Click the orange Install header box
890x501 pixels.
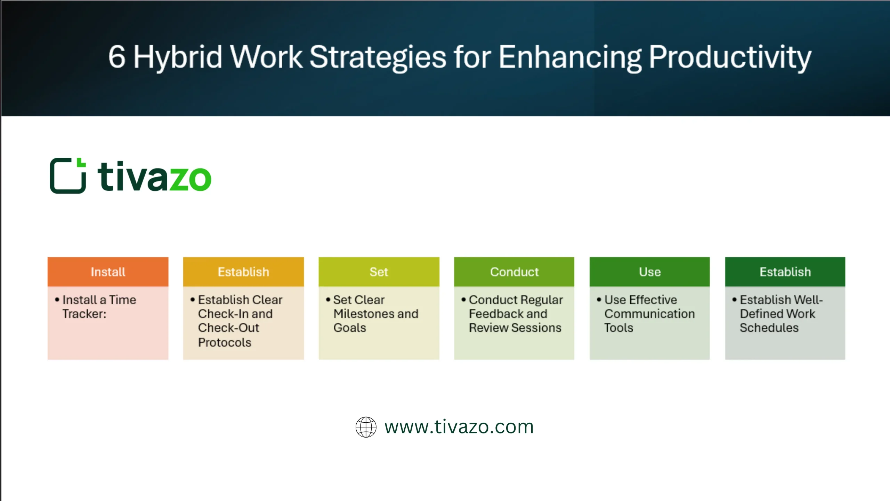pyautogui.click(x=108, y=272)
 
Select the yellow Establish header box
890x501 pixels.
pyautogui.click(x=243, y=272)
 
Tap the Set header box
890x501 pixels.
pyautogui.click(x=379, y=272)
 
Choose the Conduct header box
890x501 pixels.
pyautogui.click(x=514, y=272)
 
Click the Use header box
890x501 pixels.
pyautogui.click(x=649, y=272)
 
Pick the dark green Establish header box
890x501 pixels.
pyautogui.click(x=785, y=272)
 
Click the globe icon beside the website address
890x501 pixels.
pyautogui.click(x=366, y=427)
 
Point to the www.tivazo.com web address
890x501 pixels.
pyautogui.click(x=459, y=427)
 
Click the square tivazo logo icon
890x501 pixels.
pyautogui.click(x=68, y=176)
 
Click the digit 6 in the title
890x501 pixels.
pyautogui.click(x=116, y=57)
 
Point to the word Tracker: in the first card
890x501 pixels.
pyautogui.click(x=84, y=314)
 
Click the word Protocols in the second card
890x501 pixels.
pyautogui.click(x=225, y=343)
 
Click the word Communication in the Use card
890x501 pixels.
pyautogui.click(x=649, y=314)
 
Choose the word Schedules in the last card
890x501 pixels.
pyautogui.click(x=769, y=328)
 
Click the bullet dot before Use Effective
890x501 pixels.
pyautogui.click(x=599, y=299)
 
